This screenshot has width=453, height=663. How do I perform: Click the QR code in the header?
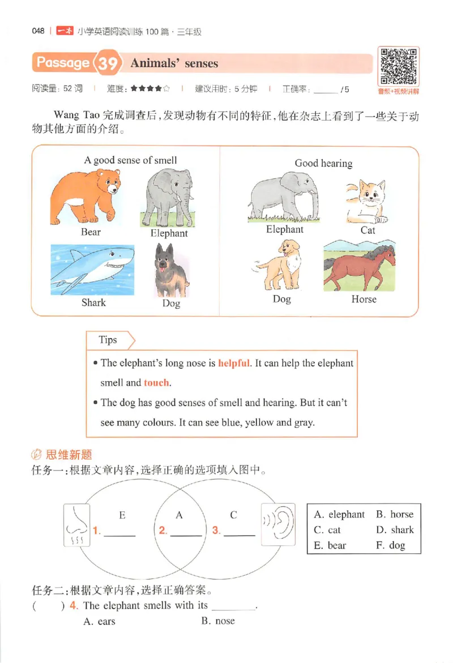click(x=399, y=67)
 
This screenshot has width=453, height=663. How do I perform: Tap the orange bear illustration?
click(x=86, y=199)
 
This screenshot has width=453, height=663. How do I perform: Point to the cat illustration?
click(x=366, y=202)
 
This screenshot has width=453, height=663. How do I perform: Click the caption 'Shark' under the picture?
click(x=93, y=302)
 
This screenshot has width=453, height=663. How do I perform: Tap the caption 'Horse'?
click(x=364, y=299)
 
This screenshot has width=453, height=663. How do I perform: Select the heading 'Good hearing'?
click(x=323, y=163)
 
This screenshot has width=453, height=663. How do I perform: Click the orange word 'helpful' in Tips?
click(x=233, y=363)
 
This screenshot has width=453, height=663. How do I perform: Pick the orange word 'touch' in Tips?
click(x=156, y=383)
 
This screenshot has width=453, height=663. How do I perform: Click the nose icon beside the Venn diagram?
click(x=76, y=525)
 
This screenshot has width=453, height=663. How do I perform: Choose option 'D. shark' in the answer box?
click(x=395, y=530)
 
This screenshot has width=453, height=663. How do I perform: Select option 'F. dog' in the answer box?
click(x=390, y=546)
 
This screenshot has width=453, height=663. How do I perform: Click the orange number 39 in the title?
click(x=108, y=63)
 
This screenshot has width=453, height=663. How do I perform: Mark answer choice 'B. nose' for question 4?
click(x=218, y=621)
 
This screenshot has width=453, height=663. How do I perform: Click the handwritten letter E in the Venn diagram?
click(x=122, y=515)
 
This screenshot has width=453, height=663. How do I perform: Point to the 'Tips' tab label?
click(x=108, y=340)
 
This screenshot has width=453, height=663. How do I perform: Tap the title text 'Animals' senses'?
click(x=174, y=63)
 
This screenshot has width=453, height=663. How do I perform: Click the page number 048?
click(x=39, y=32)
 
